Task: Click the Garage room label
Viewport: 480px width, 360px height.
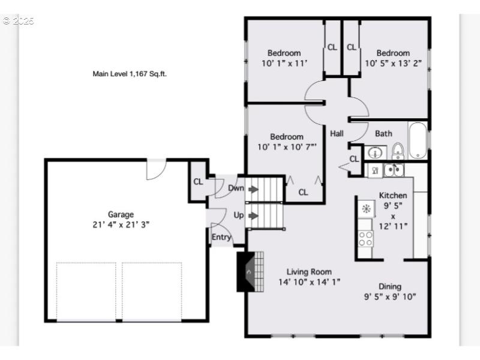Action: [x=121, y=214]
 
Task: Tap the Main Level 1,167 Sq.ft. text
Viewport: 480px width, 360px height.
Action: [x=129, y=74]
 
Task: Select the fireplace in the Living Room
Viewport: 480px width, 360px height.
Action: [x=250, y=272]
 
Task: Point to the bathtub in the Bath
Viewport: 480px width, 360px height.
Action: [x=418, y=142]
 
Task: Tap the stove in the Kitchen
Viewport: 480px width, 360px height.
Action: [x=365, y=239]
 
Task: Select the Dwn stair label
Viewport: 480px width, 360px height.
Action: [x=236, y=188]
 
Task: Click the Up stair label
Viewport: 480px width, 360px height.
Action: [x=238, y=214]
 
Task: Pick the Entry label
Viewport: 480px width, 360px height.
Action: [x=221, y=237]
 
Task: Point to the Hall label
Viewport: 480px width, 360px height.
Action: [x=337, y=133]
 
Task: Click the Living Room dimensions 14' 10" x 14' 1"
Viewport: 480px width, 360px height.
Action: [x=309, y=281]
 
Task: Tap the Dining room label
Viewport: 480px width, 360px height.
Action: [x=389, y=286]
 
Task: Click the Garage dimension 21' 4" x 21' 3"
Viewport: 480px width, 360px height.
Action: [x=121, y=224]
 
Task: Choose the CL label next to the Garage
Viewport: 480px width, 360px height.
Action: [x=198, y=182]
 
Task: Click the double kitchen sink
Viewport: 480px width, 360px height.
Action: [x=393, y=170]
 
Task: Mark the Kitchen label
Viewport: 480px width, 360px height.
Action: [x=393, y=195]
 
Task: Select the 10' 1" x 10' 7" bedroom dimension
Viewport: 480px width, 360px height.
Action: [x=286, y=146]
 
